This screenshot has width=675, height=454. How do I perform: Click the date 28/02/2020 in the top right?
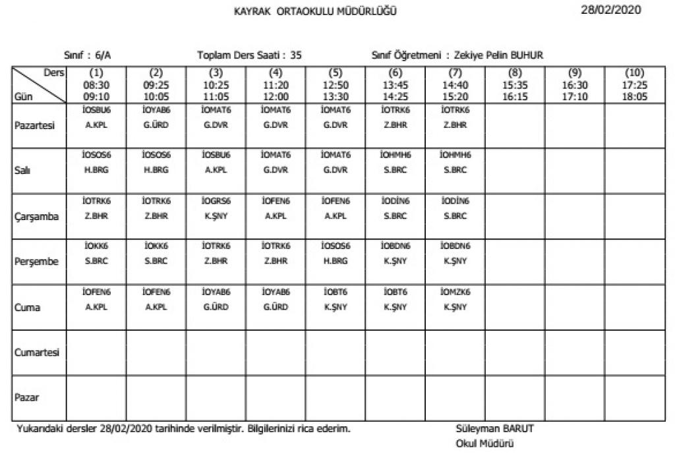(611, 9)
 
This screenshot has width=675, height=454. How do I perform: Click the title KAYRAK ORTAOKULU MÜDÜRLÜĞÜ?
(316, 11)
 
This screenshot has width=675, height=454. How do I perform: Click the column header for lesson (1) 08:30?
(96, 84)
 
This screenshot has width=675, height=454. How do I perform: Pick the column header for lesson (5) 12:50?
(336, 84)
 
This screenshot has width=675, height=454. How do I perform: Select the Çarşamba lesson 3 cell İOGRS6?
(216, 200)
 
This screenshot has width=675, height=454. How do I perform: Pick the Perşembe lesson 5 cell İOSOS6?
(336, 246)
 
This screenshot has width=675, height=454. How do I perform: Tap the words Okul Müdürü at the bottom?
(484, 443)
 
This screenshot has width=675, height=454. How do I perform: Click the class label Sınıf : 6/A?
(82, 56)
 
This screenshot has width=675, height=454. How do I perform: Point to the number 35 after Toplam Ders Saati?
(296, 56)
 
